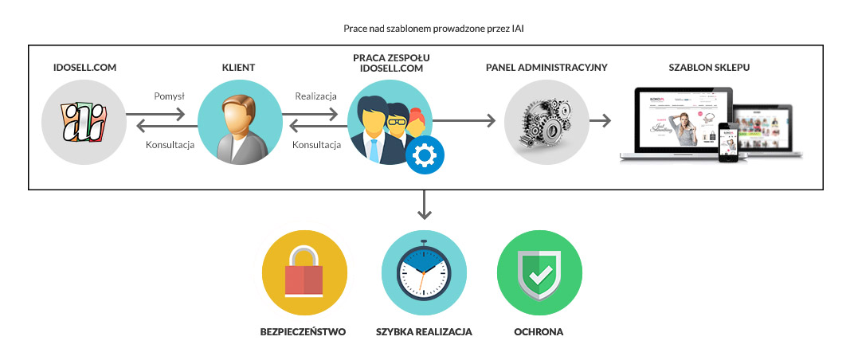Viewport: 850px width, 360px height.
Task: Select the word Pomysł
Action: [x=169, y=96]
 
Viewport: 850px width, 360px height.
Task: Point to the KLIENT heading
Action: [x=238, y=68]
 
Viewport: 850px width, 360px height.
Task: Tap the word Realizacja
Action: [x=315, y=96]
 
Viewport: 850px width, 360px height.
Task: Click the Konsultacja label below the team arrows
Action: [x=316, y=145]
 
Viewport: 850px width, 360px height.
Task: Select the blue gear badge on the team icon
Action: [x=425, y=153]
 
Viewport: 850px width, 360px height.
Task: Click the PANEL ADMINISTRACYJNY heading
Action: [x=546, y=68]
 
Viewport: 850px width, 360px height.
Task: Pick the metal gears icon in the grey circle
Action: [x=546, y=124]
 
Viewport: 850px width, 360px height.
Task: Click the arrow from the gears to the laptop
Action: [x=601, y=121]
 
